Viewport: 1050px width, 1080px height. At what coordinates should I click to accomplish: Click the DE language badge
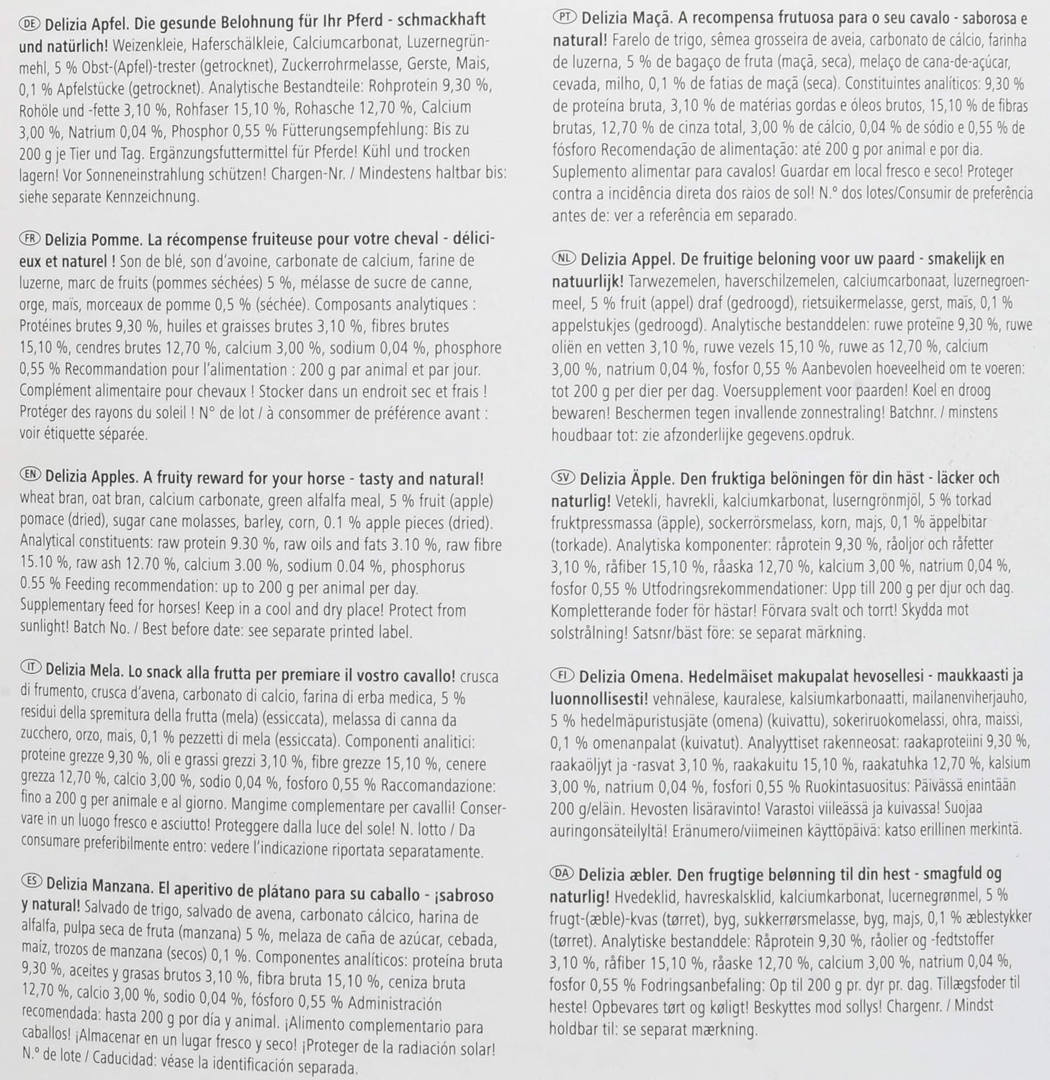[30, 22]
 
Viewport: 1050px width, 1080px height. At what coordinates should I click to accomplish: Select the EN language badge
[31, 478]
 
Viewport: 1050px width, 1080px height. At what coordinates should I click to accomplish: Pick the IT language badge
[30, 675]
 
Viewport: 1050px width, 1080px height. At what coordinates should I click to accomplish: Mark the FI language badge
[563, 675]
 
